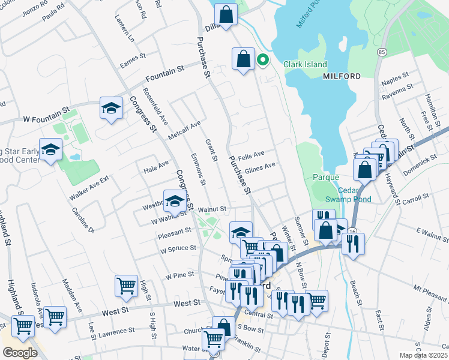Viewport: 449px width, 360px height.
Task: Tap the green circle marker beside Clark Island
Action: point(262,59)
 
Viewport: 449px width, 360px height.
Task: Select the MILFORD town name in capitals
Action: point(342,76)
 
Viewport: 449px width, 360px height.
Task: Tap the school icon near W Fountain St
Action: point(111,108)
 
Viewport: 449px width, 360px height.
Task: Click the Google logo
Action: point(20,353)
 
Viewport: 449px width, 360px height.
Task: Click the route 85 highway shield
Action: point(382,53)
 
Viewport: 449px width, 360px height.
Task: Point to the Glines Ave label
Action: point(260,166)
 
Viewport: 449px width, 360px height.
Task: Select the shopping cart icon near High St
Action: point(126,285)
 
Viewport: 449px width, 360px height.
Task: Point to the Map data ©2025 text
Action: point(423,355)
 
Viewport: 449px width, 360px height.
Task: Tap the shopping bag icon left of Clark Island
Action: point(243,59)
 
